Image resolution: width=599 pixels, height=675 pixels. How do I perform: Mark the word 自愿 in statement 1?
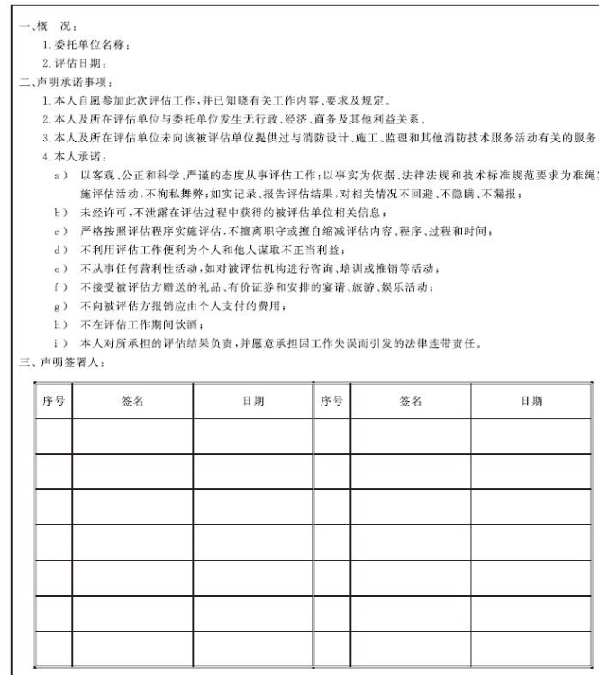pyautogui.click(x=94, y=96)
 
